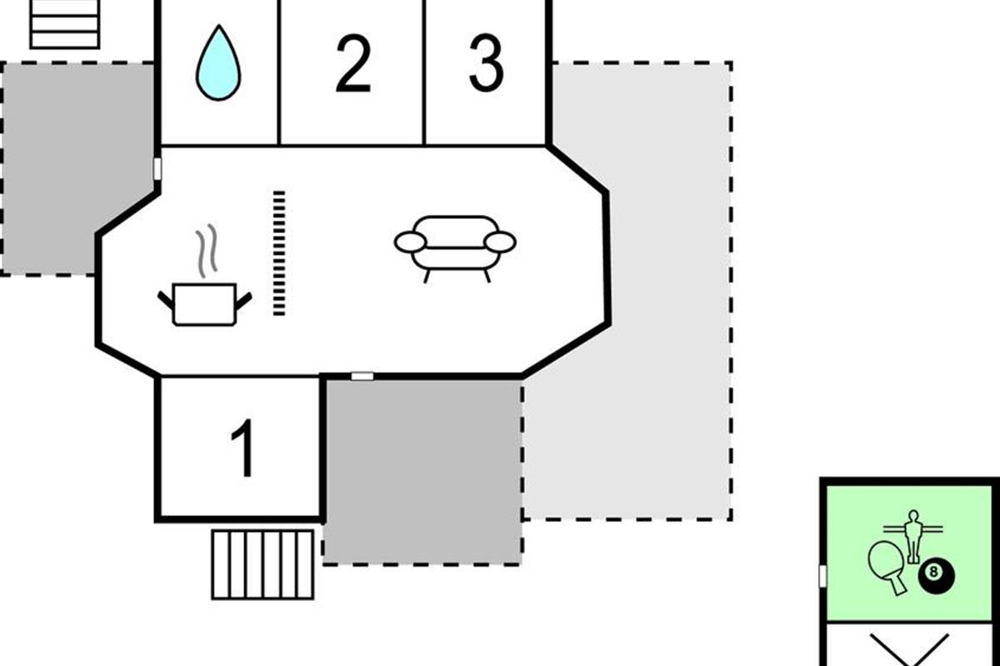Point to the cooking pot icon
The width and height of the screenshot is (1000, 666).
click(x=204, y=304)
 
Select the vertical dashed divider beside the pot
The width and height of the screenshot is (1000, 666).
click(x=279, y=253)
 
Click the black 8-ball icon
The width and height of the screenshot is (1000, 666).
click(x=937, y=574)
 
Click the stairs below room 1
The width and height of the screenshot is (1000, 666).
click(x=263, y=564)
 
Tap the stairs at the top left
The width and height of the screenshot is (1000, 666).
click(x=65, y=23)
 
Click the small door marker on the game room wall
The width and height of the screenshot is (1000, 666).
click(x=822, y=575)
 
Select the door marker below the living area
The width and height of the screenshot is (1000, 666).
click(x=362, y=376)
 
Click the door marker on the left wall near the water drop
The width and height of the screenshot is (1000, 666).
click(x=157, y=169)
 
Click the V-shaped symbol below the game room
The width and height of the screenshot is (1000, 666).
click(x=909, y=649)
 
